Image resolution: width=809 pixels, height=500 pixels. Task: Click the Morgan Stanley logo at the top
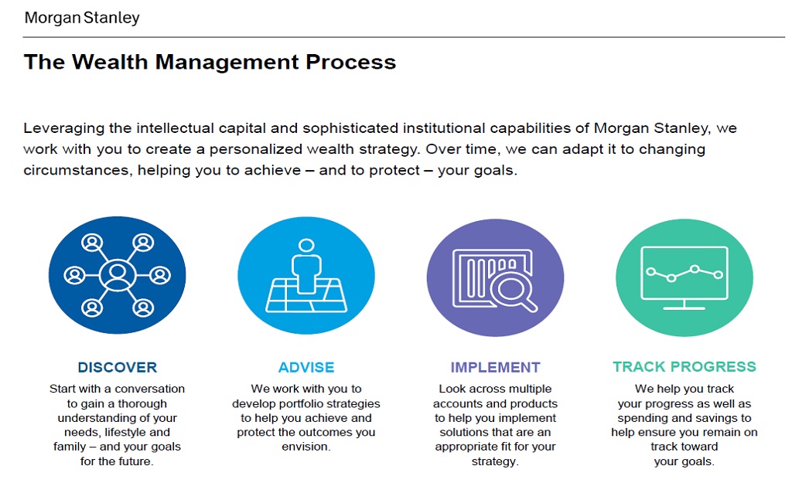82,17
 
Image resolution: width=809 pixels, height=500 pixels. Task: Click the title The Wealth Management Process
210,63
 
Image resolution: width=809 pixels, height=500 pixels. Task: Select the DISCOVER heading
118,367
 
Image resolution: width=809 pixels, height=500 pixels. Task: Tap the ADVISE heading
306,367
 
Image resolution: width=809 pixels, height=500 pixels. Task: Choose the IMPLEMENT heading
495,367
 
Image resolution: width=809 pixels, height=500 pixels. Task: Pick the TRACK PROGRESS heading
684,367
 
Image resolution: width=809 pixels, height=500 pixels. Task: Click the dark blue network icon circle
118,275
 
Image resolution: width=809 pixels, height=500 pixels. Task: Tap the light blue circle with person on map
306,275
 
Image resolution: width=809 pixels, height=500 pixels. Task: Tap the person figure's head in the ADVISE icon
307,246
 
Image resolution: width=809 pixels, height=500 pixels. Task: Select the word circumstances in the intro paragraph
75,170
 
